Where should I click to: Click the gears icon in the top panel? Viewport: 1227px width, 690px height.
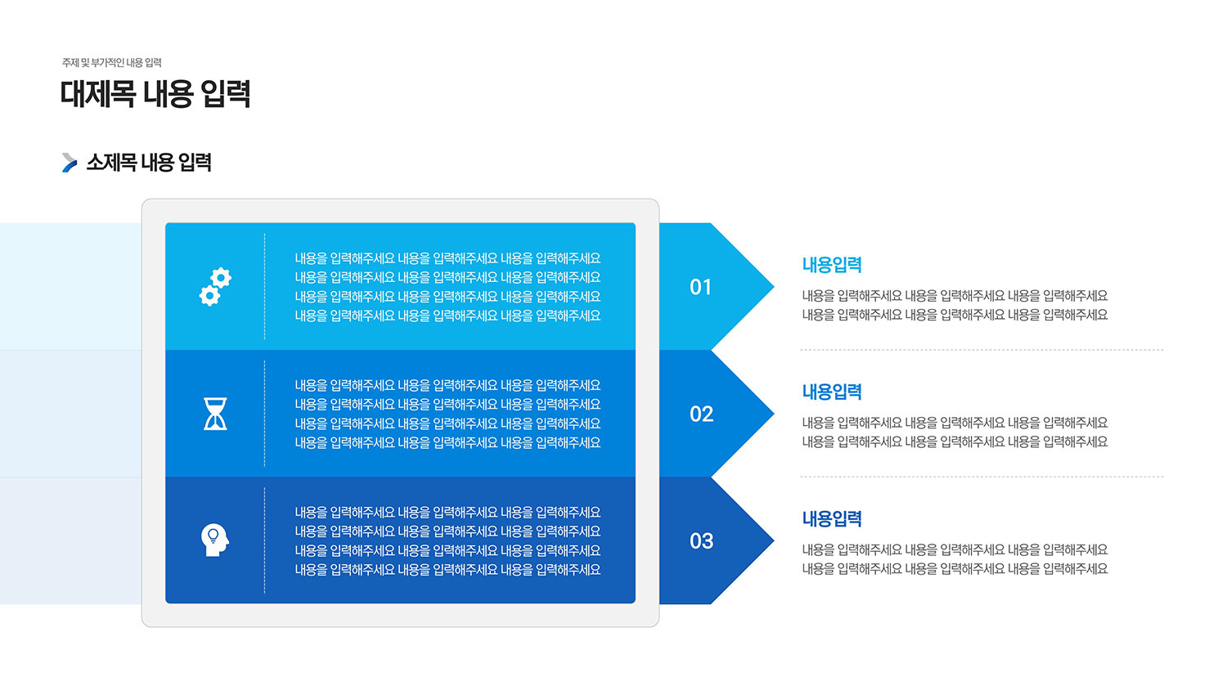pos(215,286)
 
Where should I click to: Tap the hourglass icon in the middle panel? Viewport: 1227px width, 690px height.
pos(215,414)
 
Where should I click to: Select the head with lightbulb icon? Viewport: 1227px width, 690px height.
pos(214,540)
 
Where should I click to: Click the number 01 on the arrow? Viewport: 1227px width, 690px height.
pos(700,287)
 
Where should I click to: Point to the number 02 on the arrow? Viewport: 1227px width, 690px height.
pos(701,414)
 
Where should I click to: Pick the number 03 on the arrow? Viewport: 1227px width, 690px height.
pos(701,541)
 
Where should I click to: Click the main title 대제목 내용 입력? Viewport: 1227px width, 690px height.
pos(155,94)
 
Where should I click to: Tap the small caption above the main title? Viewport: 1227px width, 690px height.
pos(112,63)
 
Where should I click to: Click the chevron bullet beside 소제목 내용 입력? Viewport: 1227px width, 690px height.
pos(69,163)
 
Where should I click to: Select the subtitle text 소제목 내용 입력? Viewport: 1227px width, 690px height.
pos(149,163)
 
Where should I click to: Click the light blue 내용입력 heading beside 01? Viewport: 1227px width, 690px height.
pos(832,265)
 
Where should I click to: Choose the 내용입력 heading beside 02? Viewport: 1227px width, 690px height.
pos(832,392)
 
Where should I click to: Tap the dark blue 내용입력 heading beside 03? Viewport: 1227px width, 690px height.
pos(832,519)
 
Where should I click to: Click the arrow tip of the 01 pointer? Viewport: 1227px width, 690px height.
pos(774,286)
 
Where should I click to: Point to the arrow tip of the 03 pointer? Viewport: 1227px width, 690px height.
pos(774,540)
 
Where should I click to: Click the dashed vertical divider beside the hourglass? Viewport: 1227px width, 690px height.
pos(264,414)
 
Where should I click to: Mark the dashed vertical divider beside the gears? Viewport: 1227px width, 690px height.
pos(264,286)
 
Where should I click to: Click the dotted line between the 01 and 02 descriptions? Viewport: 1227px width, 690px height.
pos(982,349)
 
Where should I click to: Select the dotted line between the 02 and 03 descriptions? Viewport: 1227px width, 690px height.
pos(982,477)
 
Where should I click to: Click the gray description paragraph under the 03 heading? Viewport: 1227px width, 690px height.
pos(955,559)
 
